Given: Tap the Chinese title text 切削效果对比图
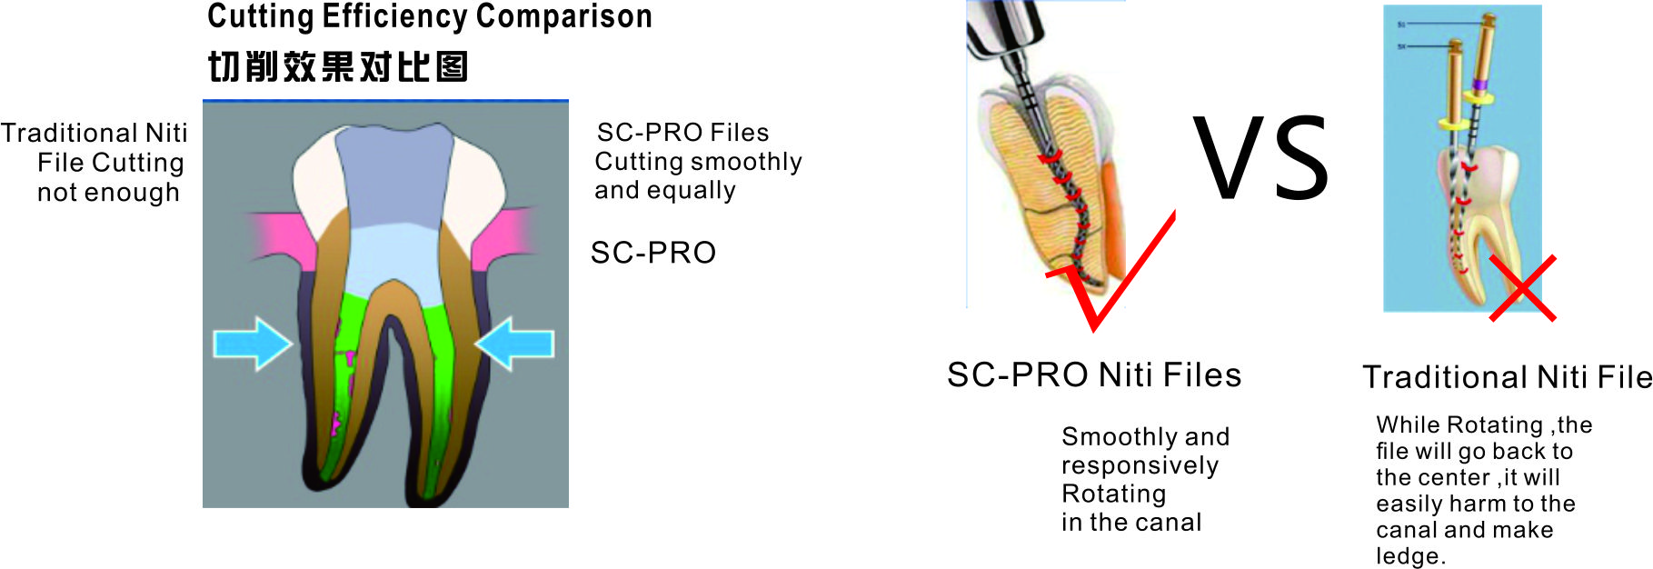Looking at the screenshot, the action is point(338,66).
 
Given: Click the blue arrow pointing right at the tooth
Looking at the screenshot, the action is point(253,344).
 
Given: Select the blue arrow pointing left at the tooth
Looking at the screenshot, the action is point(514,344).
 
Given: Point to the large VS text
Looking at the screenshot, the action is point(1261,159).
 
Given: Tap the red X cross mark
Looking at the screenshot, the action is point(1522,288).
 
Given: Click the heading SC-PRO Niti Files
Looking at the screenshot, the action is point(1094,374).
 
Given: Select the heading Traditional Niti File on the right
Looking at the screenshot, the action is point(1507,376).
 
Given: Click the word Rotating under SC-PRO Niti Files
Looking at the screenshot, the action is point(1113,494).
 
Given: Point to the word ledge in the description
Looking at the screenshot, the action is point(1410,556).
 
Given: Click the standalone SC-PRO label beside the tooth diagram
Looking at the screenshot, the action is point(653,253).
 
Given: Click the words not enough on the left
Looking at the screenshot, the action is point(108,193).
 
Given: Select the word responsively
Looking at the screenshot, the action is point(1140,465).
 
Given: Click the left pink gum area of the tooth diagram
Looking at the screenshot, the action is point(277,238).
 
